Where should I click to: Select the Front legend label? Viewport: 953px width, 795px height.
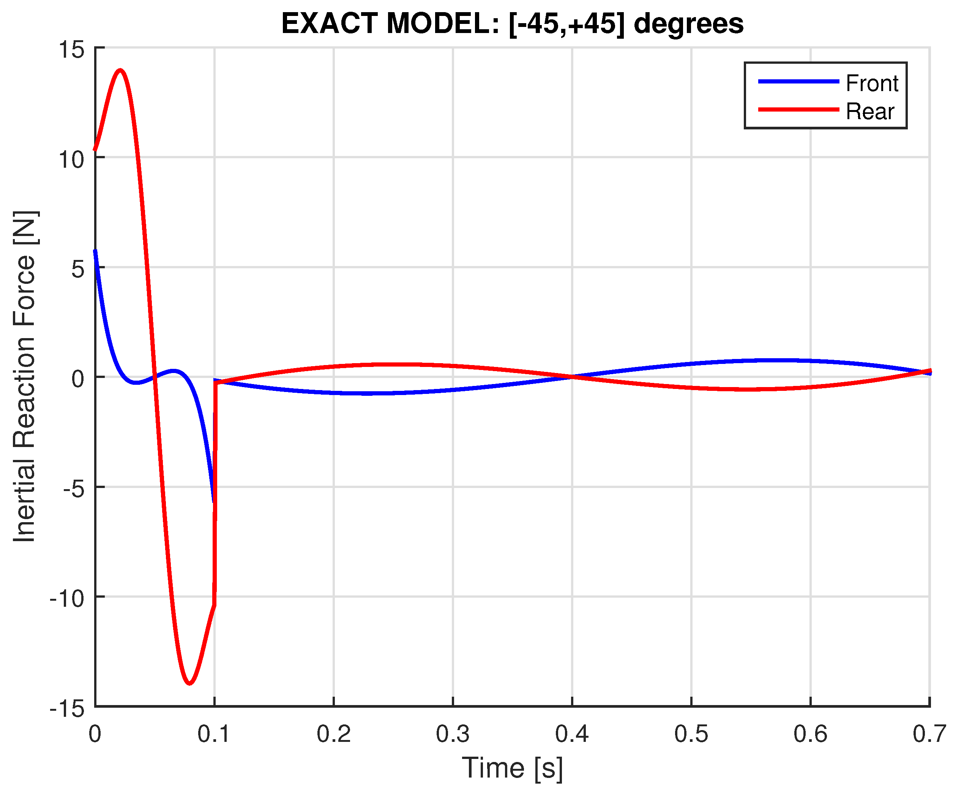(871, 83)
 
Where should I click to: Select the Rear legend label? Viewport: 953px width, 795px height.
(869, 112)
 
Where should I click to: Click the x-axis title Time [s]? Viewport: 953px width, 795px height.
(512, 768)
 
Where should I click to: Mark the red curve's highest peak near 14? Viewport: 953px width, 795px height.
(120, 70)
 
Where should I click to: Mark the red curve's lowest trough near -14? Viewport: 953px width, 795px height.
(190, 683)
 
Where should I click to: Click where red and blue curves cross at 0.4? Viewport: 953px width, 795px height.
(572, 377)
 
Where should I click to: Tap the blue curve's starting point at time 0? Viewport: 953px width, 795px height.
(95, 251)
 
